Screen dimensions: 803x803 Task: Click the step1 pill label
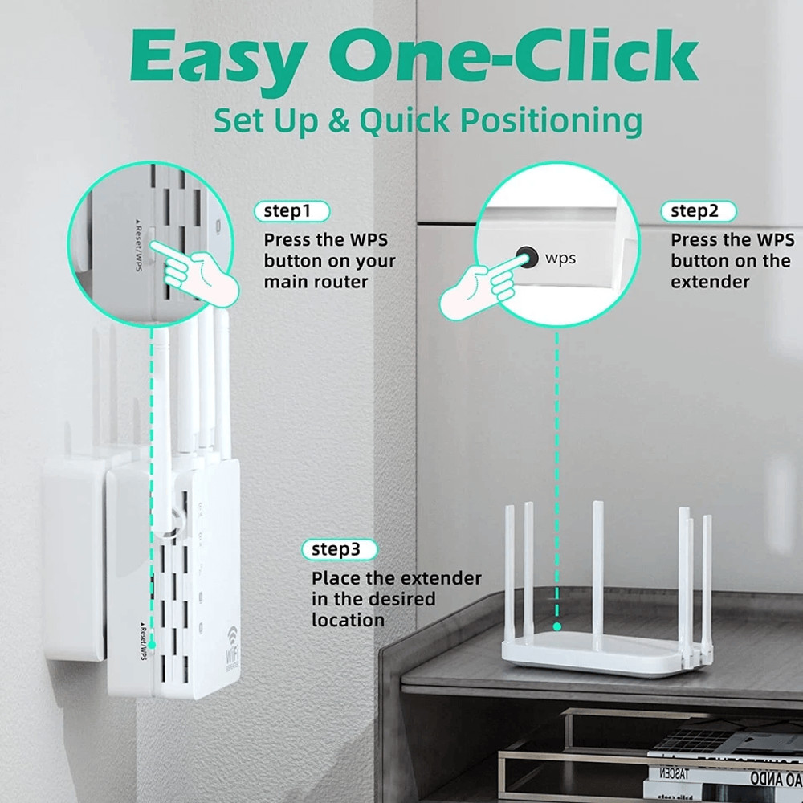point(291,211)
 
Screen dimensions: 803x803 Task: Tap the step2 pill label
point(698,211)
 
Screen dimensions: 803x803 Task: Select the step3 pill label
point(339,549)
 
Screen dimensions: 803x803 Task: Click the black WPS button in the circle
point(527,257)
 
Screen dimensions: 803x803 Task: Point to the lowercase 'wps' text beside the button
point(560,259)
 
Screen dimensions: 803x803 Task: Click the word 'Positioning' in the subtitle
point(551,122)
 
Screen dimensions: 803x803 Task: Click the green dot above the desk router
point(556,626)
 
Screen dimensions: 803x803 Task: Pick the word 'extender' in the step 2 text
point(710,282)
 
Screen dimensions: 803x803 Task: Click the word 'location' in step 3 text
point(348,620)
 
